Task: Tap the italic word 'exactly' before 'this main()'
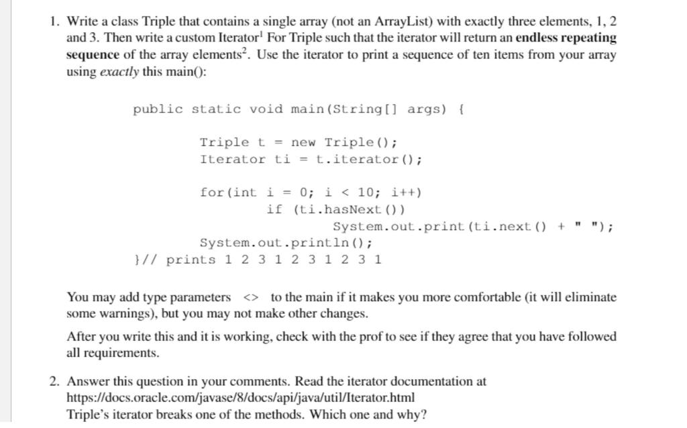(119, 72)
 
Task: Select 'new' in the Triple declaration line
(303, 142)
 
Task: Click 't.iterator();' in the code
(368, 159)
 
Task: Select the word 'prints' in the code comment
(191, 260)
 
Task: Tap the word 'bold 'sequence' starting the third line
(93, 55)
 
